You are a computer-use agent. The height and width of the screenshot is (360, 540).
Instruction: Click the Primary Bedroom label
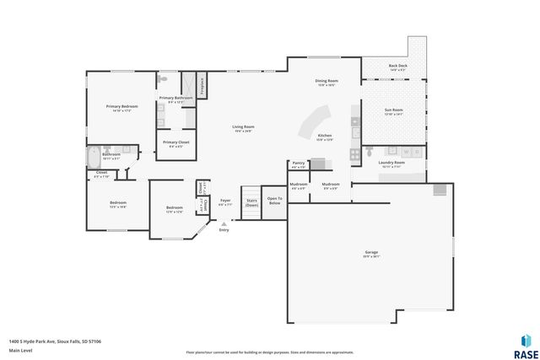(121, 107)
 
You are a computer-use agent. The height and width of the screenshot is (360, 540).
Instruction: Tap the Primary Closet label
(175, 143)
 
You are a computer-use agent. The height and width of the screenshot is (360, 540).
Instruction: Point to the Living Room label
(244, 128)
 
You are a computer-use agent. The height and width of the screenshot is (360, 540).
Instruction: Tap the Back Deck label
(397, 67)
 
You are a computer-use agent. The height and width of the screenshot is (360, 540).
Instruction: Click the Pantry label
(298, 164)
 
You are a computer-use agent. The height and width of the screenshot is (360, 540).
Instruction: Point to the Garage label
(370, 253)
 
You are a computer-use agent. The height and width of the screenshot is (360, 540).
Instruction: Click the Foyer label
(225, 202)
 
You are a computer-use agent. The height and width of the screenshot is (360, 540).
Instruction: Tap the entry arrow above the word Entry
(224, 223)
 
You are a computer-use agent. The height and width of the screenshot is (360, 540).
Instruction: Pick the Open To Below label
(274, 201)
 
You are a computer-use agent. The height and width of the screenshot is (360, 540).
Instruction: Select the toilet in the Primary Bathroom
(164, 78)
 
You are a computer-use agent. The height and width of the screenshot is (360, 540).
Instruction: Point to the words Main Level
(21, 350)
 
